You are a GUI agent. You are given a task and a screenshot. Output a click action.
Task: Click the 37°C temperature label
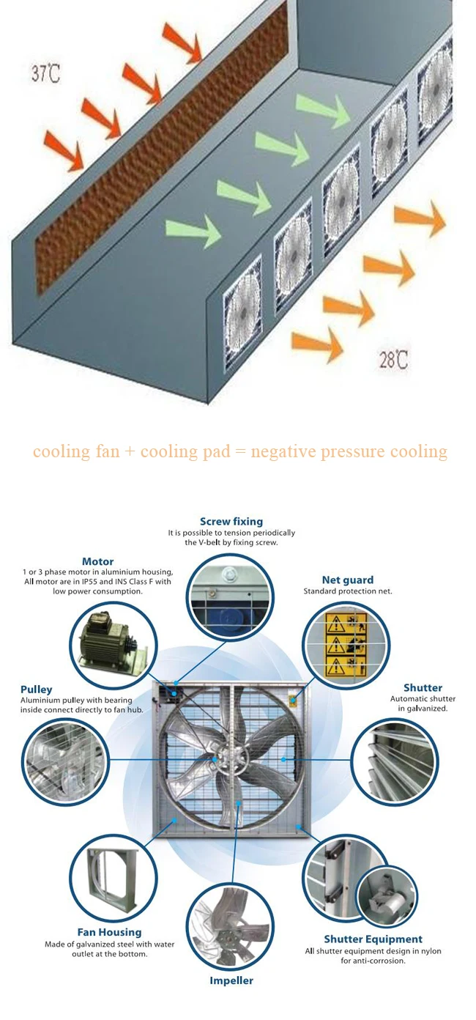(x=45, y=73)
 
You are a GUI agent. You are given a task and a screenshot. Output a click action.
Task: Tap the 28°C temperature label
(x=393, y=360)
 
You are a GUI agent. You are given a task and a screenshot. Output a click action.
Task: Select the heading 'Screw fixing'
(x=231, y=522)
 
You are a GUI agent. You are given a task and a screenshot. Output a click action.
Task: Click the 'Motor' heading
(x=97, y=561)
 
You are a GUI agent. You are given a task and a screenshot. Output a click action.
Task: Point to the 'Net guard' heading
(x=348, y=580)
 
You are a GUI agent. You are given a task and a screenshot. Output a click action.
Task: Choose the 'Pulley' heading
(x=37, y=689)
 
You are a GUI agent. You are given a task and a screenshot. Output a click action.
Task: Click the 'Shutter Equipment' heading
(x=373, y=939)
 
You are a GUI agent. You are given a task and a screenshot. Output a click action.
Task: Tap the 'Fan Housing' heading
(x=110, y=932)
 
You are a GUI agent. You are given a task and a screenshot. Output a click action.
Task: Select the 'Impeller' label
(x=231, y=980)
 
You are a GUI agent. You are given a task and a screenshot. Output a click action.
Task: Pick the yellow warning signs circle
(x=346, y=644)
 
